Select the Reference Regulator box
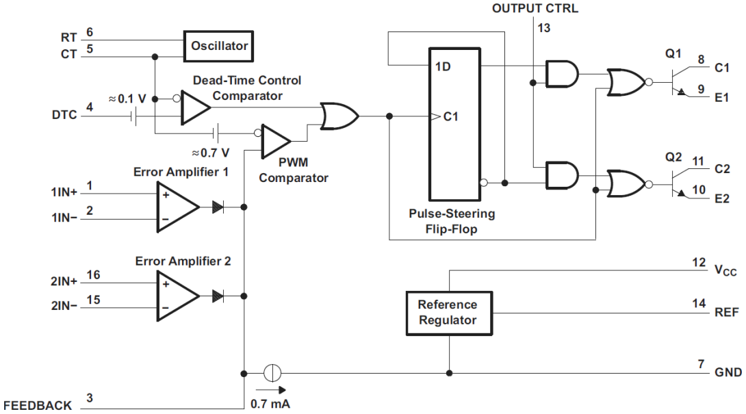coord(448,313)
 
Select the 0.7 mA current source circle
coord(272,373)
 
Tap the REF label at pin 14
coord(725,312)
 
